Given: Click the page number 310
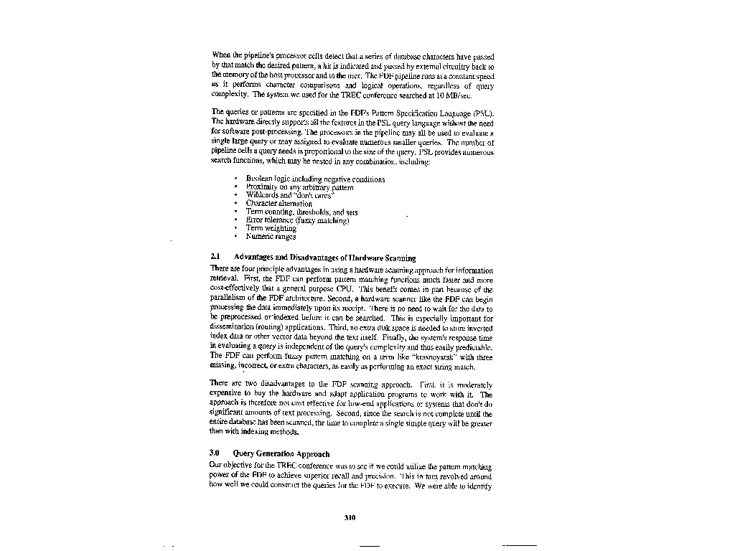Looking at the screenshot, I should point(350,518).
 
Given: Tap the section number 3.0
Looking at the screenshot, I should point(215,453).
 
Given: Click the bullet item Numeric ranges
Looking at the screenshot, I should point(271,236).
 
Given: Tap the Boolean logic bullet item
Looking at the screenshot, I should point(314,179).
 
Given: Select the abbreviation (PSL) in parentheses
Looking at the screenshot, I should point(482,113).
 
